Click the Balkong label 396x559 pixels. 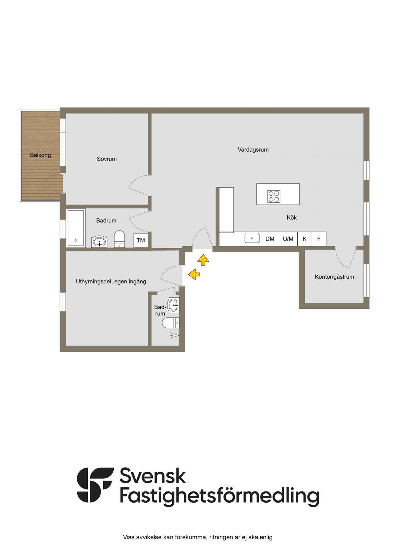click(41, 155)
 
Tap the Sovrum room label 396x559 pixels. click(107, 159)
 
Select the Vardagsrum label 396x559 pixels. click(253, 150)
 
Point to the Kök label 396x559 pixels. click(292, 218)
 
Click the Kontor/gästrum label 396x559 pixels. click(334, 277)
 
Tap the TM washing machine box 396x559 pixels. click(141, 241)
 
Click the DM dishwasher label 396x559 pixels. click(270, 239)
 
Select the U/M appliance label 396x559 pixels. click(288, 239)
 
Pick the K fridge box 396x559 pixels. click(304, 239)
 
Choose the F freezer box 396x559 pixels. click(319, 239)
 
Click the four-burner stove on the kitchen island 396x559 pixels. click(274, 196)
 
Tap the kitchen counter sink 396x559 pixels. click(252, 238)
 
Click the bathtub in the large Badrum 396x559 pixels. click(75, 228)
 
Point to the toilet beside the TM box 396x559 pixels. click(119, 239)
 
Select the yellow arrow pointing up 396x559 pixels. click(203, 260)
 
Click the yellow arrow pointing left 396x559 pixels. click(194, 274)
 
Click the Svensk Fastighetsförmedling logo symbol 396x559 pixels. click(95, 485)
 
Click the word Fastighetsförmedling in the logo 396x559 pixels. click(219, 496)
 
